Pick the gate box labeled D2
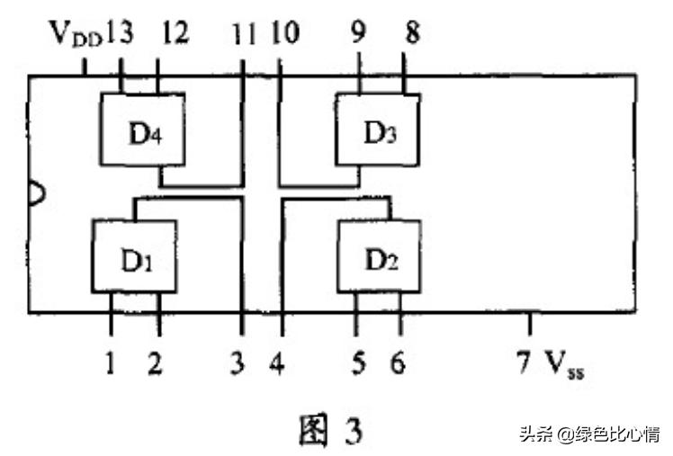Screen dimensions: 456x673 click(380, 255)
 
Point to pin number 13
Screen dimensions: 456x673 click(119, 34)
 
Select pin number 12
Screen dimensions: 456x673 click(176, 34)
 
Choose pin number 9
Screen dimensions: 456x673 click(359, 34)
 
